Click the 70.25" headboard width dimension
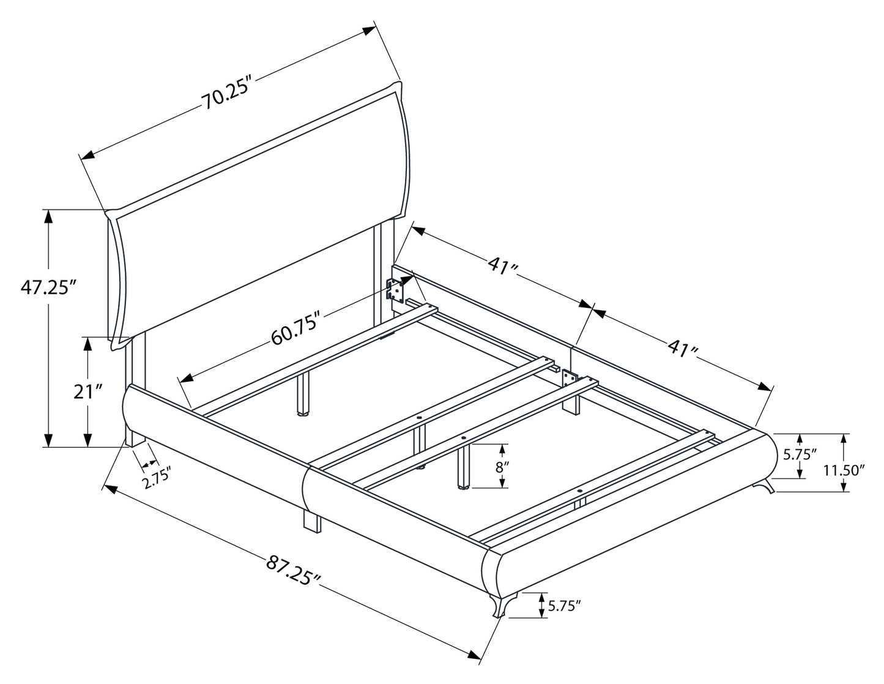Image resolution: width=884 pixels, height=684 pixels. click(227, 95)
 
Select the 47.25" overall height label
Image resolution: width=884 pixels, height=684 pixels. click(48, 287)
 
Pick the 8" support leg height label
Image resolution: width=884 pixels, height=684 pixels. click(501, 466)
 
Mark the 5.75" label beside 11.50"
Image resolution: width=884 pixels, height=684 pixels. click(801, 455)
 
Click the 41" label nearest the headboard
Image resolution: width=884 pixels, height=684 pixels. click(503, 266)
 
